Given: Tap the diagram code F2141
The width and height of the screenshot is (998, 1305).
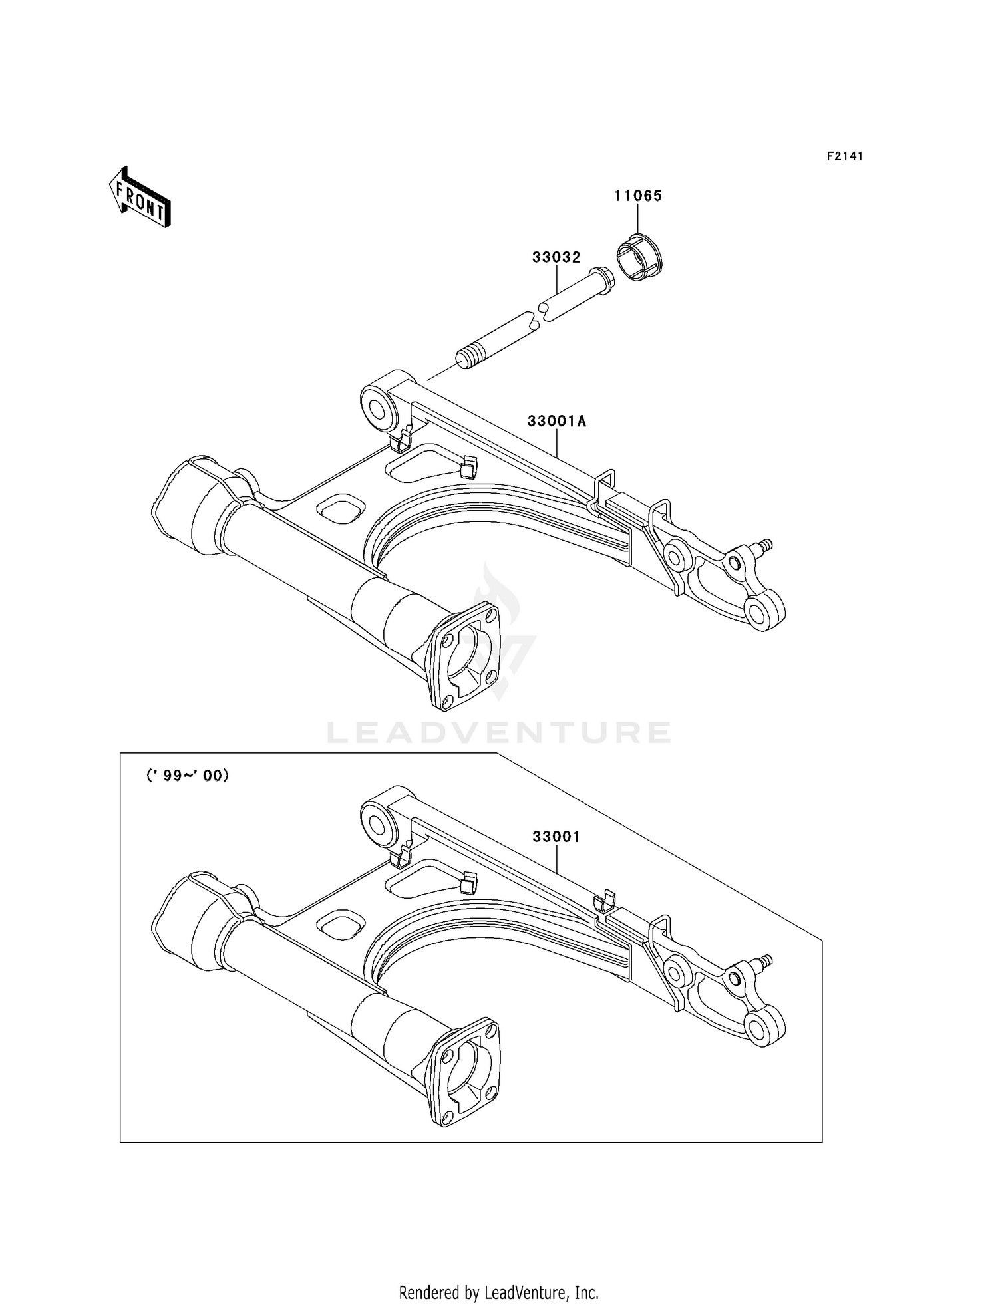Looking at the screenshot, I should [844, 156].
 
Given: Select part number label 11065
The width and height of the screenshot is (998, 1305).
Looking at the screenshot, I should [637, 196].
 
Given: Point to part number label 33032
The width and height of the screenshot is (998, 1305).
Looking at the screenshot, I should [556, 257].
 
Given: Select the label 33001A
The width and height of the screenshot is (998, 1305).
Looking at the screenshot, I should [557, 421].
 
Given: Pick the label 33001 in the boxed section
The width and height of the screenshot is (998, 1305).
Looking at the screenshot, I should [556, 837].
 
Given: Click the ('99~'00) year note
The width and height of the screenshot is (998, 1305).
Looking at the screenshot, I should [188, 775].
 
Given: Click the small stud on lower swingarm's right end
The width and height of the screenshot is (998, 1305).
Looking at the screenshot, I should [764, 960].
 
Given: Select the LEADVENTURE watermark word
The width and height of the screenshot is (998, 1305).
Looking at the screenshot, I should [499, 732].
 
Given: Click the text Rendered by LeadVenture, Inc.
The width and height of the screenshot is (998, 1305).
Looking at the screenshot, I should [498, 1292].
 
